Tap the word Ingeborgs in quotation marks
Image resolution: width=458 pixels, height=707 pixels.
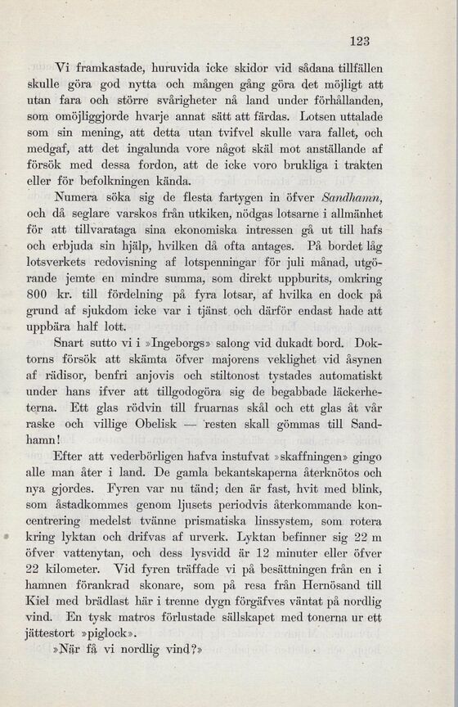pos(169,334)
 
